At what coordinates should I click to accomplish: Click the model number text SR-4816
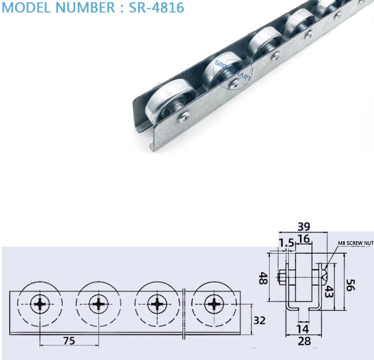click(156, 8)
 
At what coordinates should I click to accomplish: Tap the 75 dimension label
click(69, 340)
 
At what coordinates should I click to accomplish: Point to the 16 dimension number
click(303, 239)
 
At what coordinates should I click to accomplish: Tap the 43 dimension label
click(329, 291)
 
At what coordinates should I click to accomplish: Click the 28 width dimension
click(304, 341)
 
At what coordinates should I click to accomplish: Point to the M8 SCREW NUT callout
click(356, 243)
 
